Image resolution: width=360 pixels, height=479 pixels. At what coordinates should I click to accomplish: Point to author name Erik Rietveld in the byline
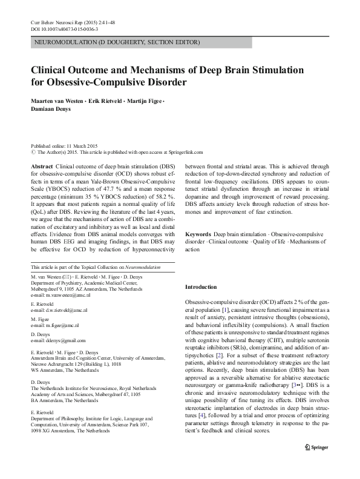(x=103, y=99)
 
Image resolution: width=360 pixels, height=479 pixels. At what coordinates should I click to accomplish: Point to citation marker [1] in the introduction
(x=224, y=309)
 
